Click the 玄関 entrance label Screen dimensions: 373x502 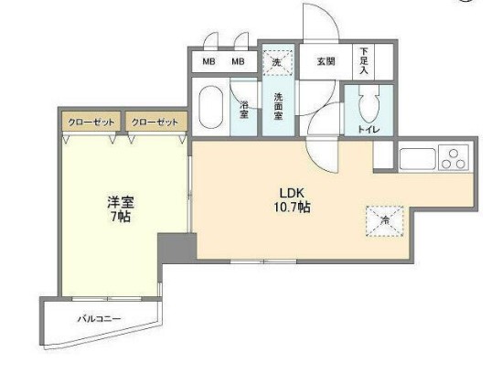[326, 61]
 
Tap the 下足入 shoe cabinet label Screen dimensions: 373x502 [365, 62]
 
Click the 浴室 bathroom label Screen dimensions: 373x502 [245, 108]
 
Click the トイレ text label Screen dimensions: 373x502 [368, 130]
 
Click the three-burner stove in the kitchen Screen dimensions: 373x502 [454, 158]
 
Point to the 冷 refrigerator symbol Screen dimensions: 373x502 [385, 219]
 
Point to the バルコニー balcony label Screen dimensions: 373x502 [99, 319]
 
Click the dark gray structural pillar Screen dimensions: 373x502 [176, 246]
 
